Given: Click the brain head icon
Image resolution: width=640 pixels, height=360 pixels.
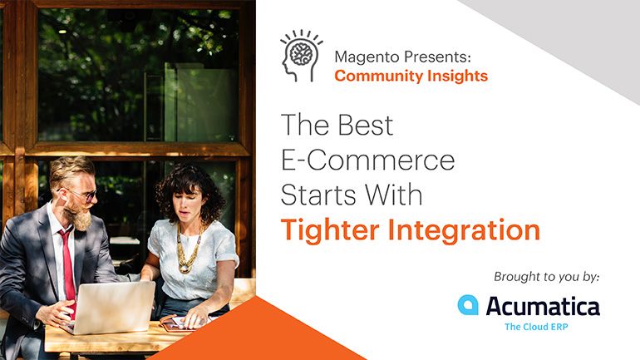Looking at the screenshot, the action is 301,56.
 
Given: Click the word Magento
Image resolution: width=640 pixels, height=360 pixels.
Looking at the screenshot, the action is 367,57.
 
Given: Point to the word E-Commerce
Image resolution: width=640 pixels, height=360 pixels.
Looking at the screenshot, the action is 367,160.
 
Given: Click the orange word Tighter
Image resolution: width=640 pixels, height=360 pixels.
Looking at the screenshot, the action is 330,230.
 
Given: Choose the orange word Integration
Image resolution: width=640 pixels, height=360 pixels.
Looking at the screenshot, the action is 464,230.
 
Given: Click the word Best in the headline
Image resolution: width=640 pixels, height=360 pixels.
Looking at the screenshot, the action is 366,125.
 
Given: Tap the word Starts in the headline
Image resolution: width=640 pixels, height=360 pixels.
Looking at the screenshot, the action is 319,195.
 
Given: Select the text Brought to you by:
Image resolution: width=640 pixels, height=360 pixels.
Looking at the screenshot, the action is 547,277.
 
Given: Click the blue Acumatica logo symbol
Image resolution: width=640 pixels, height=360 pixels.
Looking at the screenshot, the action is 468,305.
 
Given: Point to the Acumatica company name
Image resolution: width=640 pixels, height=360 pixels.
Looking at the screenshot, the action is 543,306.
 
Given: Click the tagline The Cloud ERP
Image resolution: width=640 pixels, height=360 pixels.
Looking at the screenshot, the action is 536,327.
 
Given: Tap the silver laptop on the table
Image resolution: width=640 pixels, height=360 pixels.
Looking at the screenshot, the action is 110,306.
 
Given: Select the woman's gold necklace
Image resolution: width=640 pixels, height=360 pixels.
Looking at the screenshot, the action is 188,248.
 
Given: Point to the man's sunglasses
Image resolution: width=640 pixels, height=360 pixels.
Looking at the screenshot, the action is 81,195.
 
